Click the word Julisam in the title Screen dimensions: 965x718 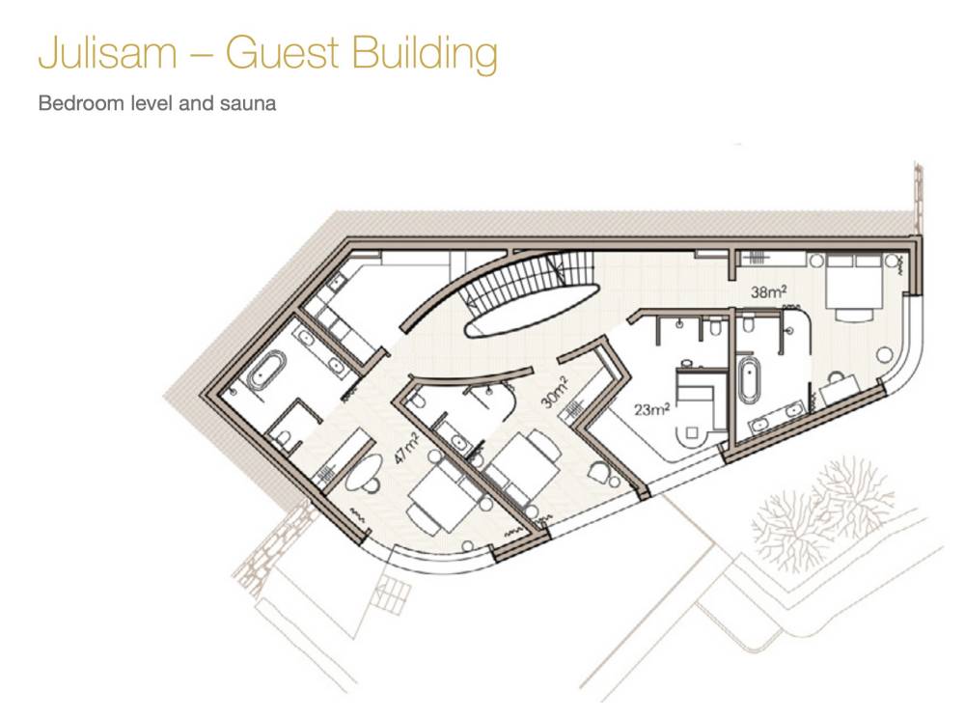(108, 53)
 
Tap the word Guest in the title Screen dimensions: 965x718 (282, 53)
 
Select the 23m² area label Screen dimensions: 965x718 (651, 408)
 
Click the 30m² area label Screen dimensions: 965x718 (555, 393)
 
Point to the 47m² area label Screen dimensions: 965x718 (407, 447)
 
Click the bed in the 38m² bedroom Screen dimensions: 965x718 (852, 286)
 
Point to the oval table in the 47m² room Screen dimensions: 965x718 (364, 473)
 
